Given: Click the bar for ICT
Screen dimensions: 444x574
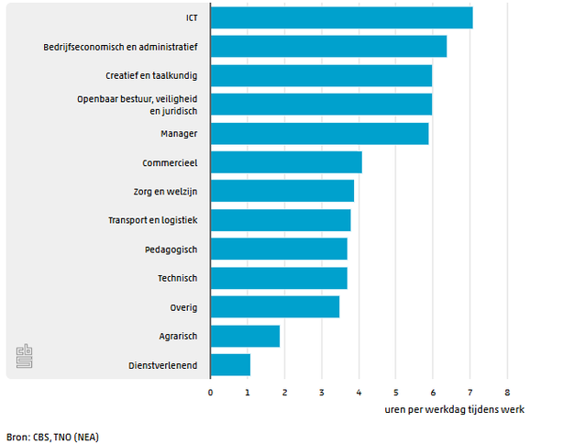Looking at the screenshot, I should pos(341,17).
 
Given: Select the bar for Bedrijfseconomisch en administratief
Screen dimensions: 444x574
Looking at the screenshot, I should pos(328,47).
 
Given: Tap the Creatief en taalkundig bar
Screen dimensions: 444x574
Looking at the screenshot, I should pos(321,75).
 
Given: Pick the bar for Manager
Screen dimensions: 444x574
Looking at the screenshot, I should pos(319,134).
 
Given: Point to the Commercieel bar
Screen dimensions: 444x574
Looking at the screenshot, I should pos(286,162).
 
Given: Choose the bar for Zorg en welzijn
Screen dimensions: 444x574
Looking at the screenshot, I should pos(281,191).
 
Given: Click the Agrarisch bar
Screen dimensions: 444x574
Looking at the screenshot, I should pos(245,337).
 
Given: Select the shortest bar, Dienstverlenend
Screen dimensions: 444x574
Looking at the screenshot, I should pos(230,365).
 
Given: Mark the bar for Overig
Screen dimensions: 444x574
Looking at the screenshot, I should pos(275,307).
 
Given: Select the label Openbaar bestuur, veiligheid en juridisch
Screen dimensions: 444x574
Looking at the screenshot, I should pos(143,104).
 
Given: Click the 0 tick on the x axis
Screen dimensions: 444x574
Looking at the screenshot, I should pos(210,392).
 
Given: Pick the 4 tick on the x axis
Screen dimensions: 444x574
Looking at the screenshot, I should pos(359,392).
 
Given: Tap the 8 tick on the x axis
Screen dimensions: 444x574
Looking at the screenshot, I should pos(506,392).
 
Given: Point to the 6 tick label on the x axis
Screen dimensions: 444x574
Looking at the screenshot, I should pos(433,392).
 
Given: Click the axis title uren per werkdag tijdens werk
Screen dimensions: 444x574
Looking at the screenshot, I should pos(454,408).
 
